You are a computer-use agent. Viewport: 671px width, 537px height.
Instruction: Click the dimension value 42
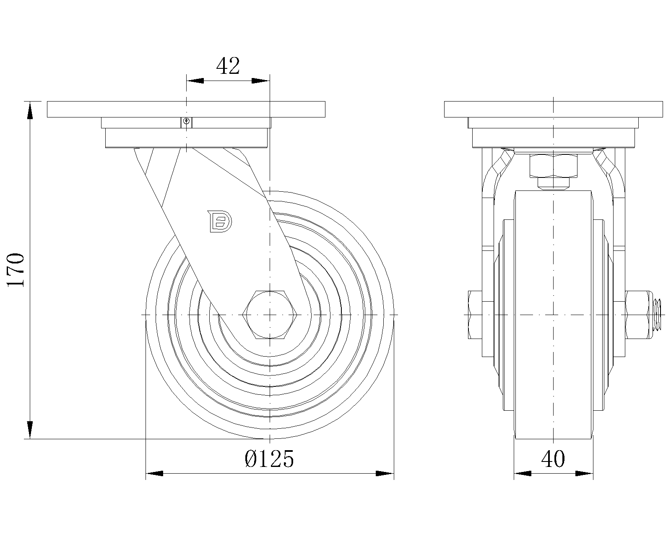pos(228,66)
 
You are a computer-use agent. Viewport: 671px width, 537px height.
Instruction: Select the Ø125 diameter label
pos(269,459)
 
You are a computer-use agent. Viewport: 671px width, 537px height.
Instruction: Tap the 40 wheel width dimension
pos(553,459)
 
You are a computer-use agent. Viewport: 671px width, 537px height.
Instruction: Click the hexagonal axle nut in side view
pos(270,314)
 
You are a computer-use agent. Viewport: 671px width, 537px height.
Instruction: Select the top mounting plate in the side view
pos(185,109)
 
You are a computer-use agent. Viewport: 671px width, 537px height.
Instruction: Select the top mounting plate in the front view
pos(553,109)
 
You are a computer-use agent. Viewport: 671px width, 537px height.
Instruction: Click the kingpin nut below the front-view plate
pos(554,165)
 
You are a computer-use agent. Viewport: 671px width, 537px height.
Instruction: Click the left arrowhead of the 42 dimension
pos(195,81)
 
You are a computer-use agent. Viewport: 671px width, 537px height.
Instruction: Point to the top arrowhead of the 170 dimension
pos(30,111)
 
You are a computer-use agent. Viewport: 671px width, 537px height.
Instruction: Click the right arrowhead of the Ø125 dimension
pos(384,473)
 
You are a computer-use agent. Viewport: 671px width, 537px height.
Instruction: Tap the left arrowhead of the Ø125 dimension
pos(155,473)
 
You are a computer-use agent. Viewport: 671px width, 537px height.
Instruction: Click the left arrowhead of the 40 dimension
pos(523,473)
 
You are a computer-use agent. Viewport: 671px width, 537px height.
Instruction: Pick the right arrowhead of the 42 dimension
pos(260,81)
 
